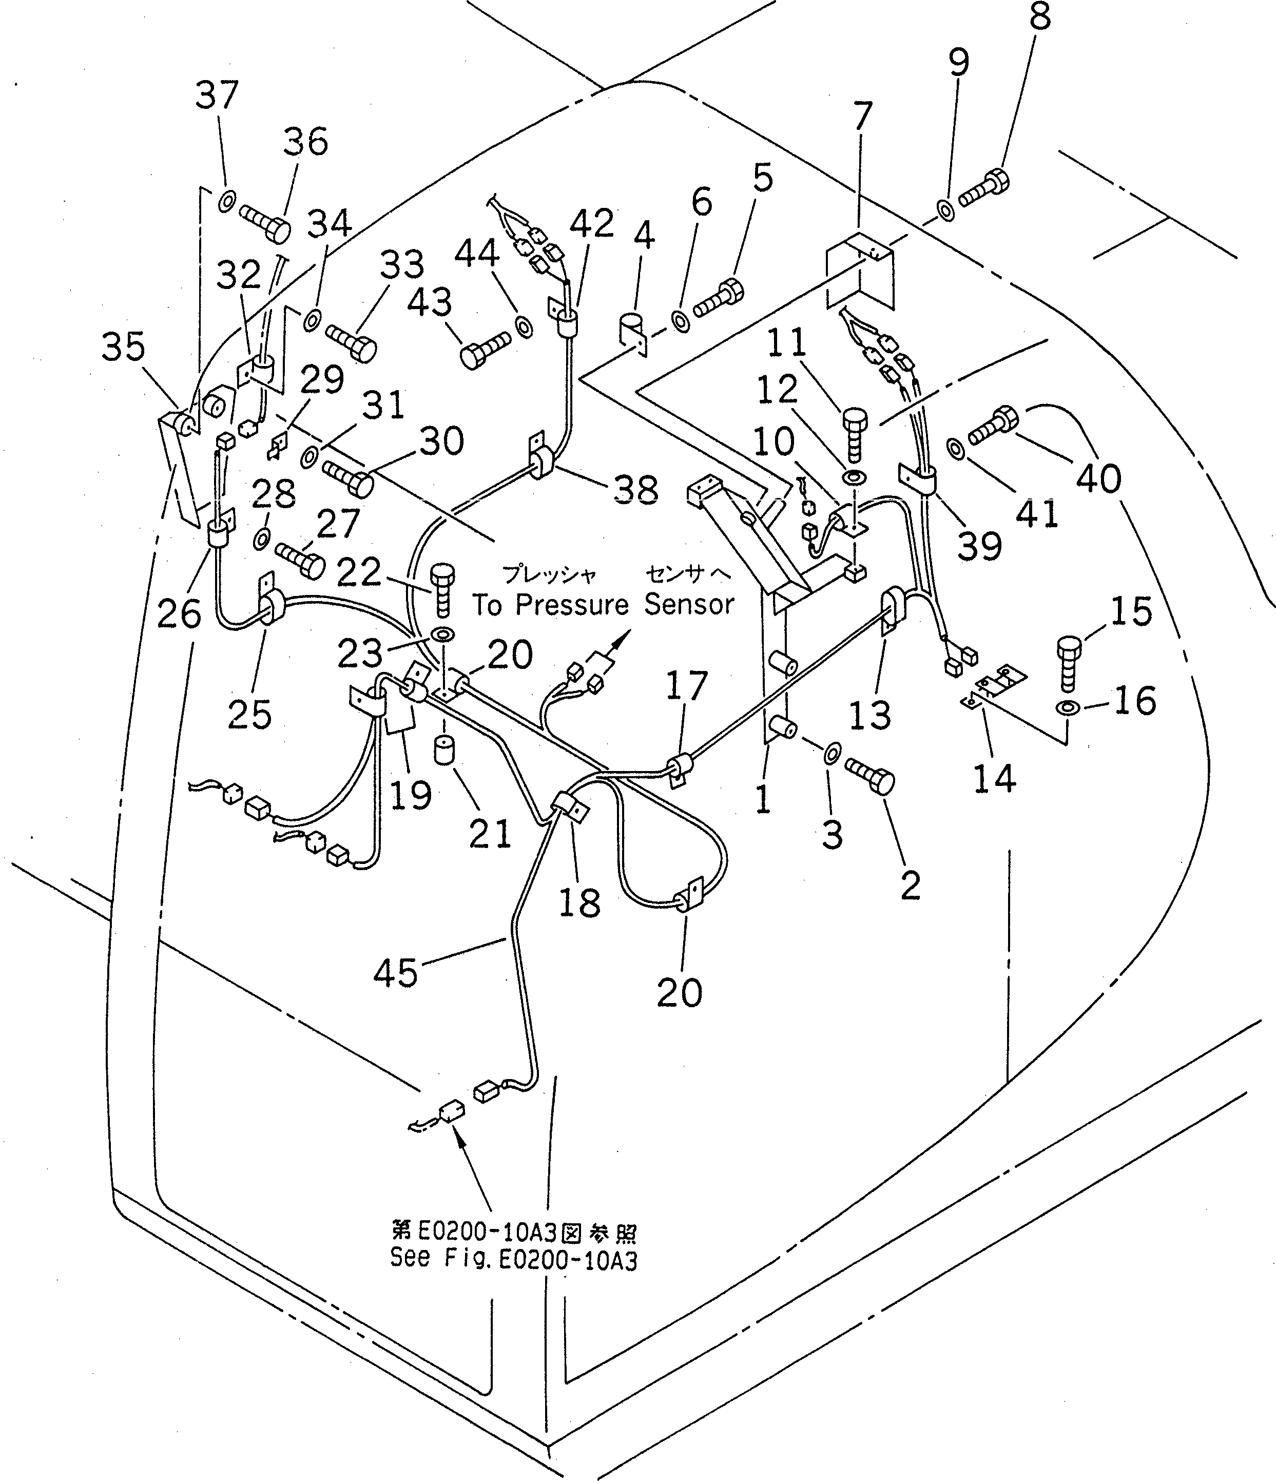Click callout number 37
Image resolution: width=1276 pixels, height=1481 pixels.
[217, 94]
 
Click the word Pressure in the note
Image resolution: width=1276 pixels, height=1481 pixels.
[569, 605]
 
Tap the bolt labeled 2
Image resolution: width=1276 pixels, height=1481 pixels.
[871, 776]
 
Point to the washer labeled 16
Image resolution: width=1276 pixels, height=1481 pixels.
[1067, 707]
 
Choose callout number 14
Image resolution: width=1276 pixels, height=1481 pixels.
[994, 778]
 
